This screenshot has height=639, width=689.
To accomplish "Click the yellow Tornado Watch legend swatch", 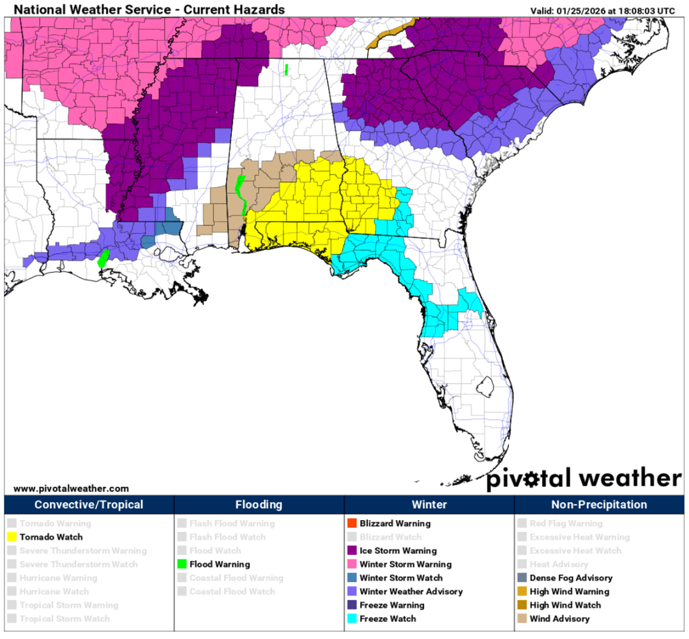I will (x=11, y=537).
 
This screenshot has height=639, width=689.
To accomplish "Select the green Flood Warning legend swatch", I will (x=182, y=564).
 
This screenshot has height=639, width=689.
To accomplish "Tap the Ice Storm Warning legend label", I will (x=398, y=551).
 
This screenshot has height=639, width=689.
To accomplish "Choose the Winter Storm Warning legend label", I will (x=405, y=564).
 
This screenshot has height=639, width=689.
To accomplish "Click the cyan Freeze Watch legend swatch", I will (x=352, y=619).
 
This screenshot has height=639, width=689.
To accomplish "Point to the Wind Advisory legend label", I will (x=559, y=619).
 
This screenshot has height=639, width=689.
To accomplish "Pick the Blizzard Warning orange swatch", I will (x=352, y=523).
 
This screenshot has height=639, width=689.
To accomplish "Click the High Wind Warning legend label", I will (x=569, y=592).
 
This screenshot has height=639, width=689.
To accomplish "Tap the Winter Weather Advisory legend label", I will (x=411, y=592).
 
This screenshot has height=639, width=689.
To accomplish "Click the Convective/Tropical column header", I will (x=89, y=505).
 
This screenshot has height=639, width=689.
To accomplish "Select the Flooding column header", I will (x=259, y=505).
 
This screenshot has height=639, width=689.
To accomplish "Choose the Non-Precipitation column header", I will (x=599, y=505).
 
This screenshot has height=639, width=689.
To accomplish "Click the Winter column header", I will (x=429, y=505).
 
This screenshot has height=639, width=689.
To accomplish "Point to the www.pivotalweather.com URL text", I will (x=71, y=488).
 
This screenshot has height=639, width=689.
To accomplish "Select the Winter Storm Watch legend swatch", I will (x=352, y=578).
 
